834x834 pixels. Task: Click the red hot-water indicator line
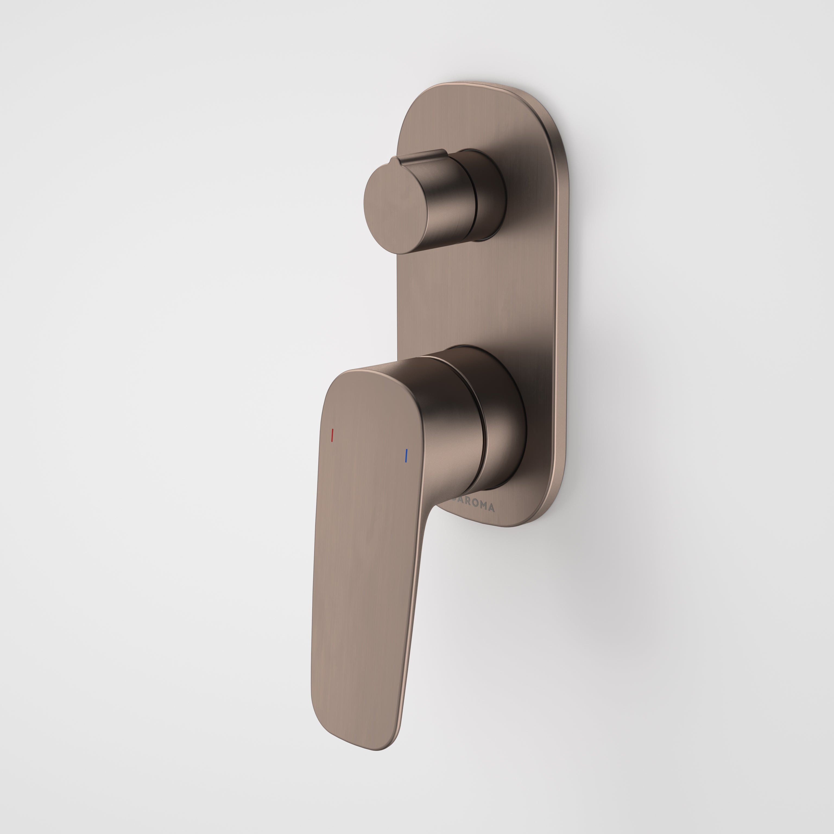332,435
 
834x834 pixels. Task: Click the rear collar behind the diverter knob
490,194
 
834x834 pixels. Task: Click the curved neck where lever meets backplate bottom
432,509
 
